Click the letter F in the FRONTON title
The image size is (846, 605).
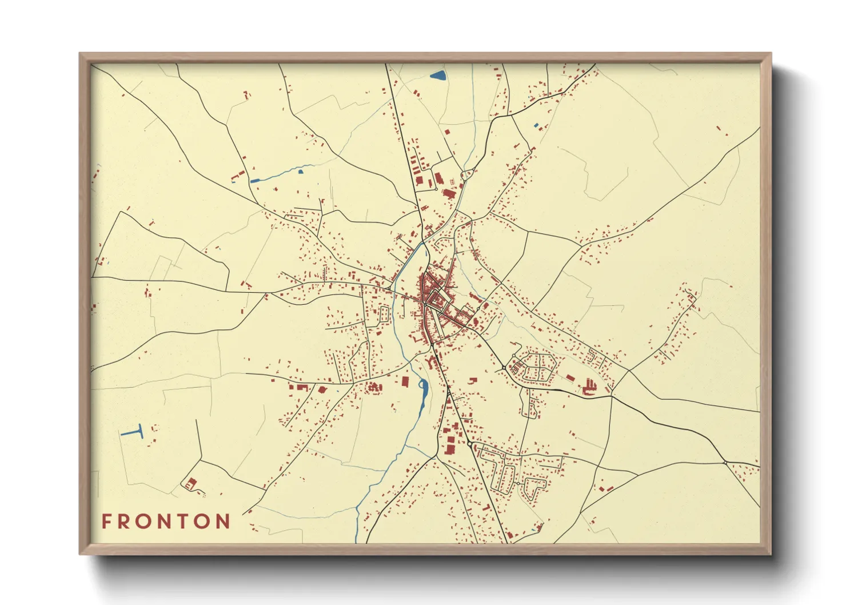106,522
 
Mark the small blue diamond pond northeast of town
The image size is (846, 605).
536,125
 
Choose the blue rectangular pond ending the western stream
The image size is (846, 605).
255,181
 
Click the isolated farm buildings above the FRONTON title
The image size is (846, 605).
190,483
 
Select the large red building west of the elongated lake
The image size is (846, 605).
405,381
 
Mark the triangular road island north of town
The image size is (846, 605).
468,174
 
